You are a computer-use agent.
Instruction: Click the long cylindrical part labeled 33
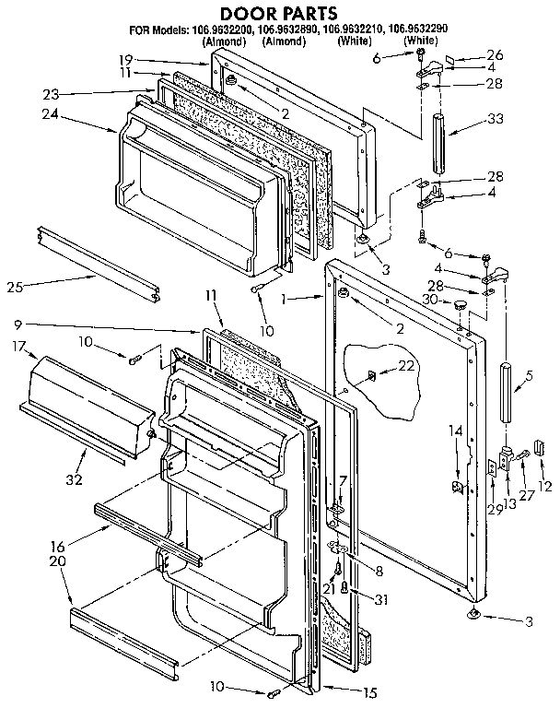[x=439, y=142]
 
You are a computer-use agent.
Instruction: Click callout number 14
[x=455, y=429]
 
